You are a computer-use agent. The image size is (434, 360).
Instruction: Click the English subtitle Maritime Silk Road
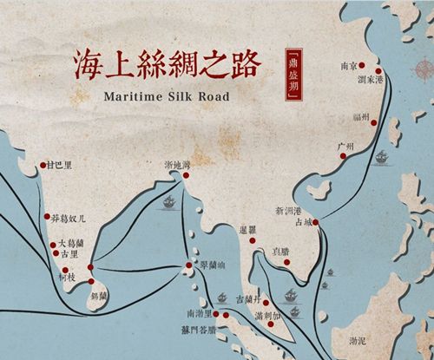click(x=166, y=96)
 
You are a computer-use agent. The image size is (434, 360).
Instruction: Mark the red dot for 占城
click(x=318, y=224)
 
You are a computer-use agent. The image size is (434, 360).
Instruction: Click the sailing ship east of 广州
click(x=381, y=159)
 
